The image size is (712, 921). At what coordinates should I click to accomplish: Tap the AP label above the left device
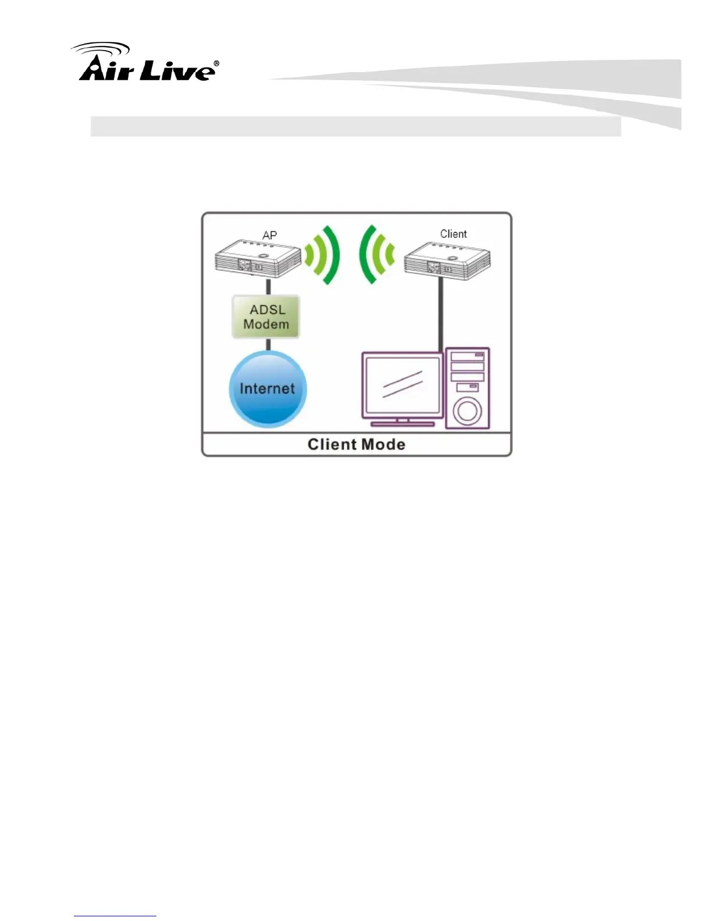tap(269, 235)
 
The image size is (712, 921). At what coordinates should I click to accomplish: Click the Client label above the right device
tap(453, 234)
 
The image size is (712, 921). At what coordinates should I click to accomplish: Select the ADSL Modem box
tap(266, 317)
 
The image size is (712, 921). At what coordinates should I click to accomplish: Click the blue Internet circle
tap(268, 389)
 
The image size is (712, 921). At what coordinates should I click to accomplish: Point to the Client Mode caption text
tap(356, 445)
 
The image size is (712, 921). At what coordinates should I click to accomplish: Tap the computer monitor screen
tap(402, 385)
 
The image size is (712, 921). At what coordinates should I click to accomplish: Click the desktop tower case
tap(468, 388)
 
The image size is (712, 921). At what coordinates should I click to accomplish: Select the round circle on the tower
tap(467, 411)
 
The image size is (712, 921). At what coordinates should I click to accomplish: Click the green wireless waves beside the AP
tap(323, 255)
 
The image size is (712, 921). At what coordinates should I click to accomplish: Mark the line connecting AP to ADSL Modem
tap(268, 287)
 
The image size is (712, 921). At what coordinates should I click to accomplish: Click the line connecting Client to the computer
tap(440, 314)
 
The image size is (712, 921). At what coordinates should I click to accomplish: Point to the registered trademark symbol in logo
tap(216, 63)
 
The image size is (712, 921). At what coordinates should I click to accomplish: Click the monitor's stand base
tap(403, 424)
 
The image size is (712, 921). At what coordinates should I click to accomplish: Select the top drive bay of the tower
tap(468, 355)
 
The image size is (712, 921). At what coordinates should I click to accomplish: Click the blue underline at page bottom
tap(115, 916)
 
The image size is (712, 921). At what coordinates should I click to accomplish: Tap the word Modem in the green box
tap(266, 324)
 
